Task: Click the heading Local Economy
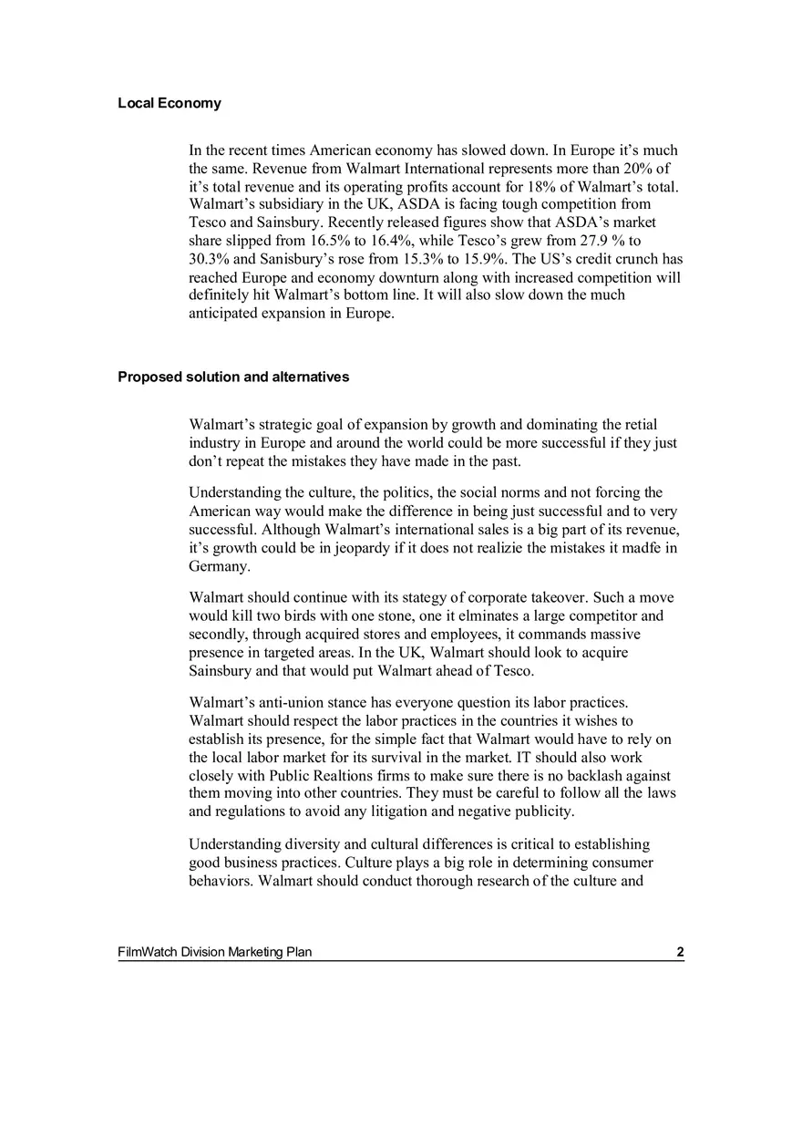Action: point(169,103)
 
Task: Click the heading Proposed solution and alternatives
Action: point(232,377)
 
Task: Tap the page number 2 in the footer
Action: point(680,953)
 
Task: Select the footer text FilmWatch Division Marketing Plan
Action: point(214,953)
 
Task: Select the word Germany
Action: point(219,566)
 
